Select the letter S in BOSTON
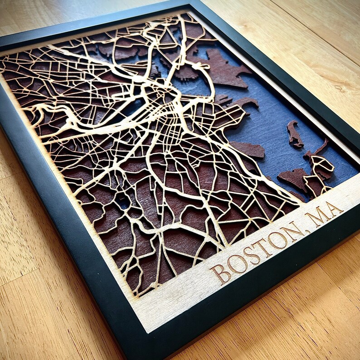pyautogui.click(x=251, y=256)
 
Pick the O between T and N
pyautogui.click(x=278, y=240)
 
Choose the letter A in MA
pyautogui.click(x=335, y=209)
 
